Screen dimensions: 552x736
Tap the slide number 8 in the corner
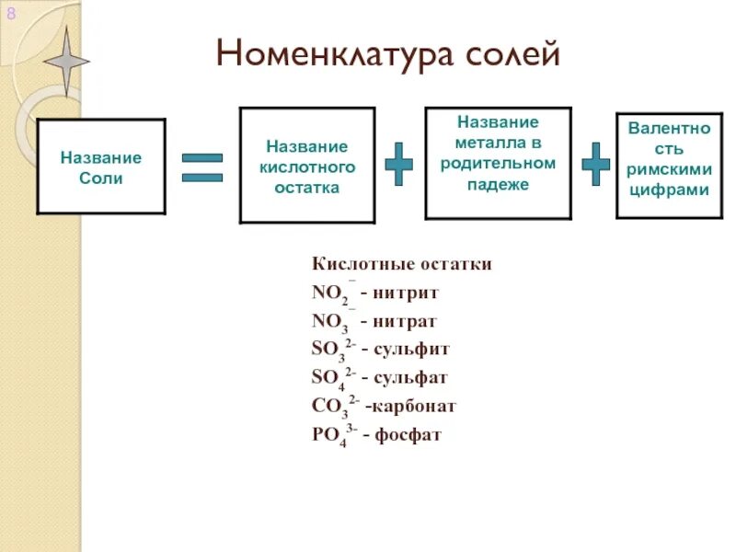pyautogui.click(x=11, y=13)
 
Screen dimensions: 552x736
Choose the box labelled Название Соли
pyautogui.click(x=101, y=167)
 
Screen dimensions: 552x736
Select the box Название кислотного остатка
pyautogui.click(x=307, y=166)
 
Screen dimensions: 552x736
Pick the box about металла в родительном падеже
pyautogui.click(x=498, y=163)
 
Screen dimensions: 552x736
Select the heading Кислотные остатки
pyautogui.click(x=402, y=265)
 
